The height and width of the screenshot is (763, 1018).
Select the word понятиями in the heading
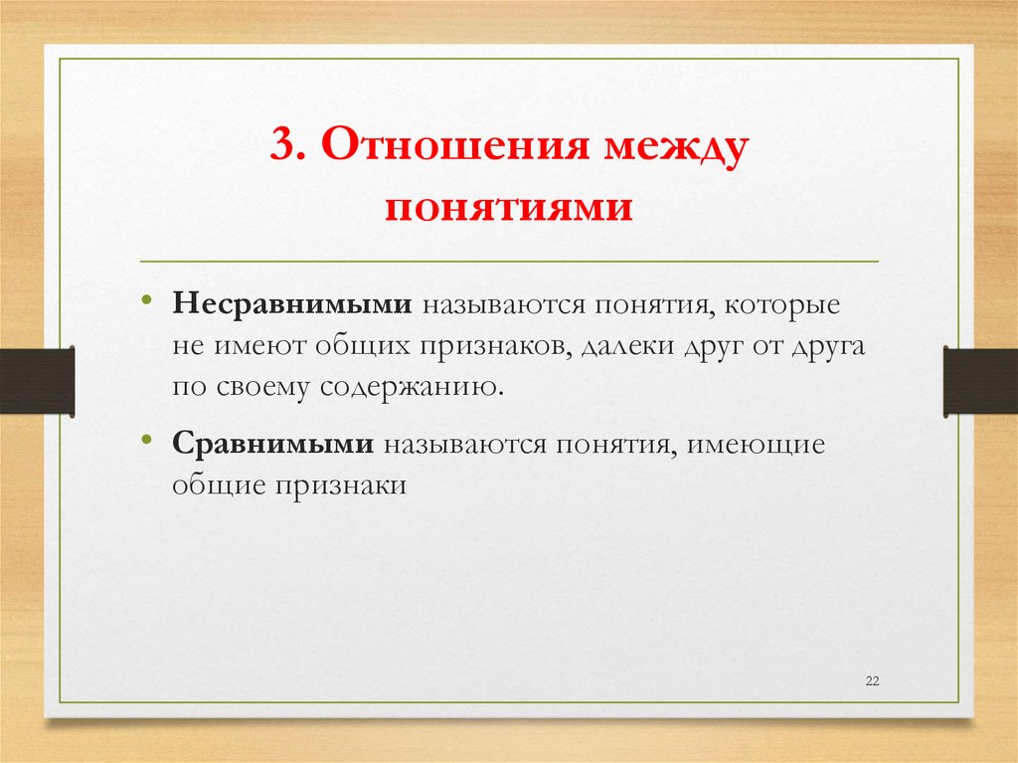coord(509,209)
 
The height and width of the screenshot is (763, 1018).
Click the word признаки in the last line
coord(353,485)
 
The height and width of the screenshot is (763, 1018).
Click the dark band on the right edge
coord(980,381)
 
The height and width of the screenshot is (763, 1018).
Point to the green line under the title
coord(509,261)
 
